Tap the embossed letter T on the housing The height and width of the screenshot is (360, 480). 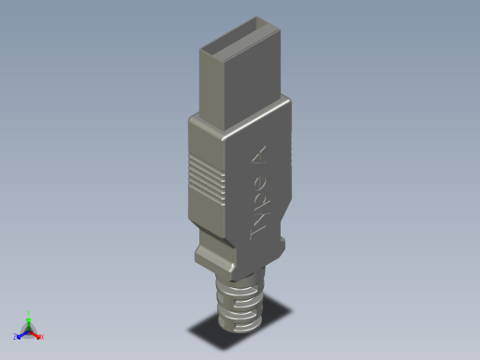(x=258, y=231)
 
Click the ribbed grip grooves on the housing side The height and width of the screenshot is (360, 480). (x=206, y=177)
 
